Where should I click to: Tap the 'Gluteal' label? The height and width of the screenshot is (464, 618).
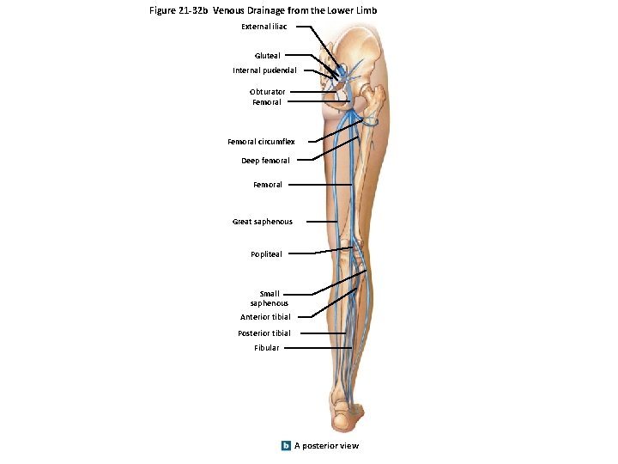[267, 56]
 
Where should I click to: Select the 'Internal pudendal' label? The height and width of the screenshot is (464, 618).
[264, 70]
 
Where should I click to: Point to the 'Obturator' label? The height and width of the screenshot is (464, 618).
[268, 92]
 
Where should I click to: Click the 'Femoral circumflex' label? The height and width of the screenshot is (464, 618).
[261, 142]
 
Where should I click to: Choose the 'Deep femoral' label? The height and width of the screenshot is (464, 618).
[265, 161]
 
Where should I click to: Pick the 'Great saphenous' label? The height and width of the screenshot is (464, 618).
[262, 222]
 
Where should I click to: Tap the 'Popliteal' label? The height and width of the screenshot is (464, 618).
[266, 254]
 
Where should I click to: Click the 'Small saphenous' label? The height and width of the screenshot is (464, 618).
[269, 298]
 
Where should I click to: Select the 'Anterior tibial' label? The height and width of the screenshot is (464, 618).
[265, 317]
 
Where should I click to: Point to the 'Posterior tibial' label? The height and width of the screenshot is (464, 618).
[264, 333]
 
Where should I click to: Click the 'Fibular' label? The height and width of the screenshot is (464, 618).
[266, 348]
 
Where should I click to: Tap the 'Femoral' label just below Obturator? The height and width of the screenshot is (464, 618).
[266, 102]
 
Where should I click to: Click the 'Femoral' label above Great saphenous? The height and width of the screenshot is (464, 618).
[267, 185]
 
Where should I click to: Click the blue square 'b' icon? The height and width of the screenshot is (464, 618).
[286, 445]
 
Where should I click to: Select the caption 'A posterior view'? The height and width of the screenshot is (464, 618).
[326, 445]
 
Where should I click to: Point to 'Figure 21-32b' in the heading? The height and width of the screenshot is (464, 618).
[179, 10]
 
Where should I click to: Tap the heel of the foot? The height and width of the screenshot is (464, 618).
[344, 420]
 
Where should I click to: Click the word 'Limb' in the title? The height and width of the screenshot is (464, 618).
[367, 10]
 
